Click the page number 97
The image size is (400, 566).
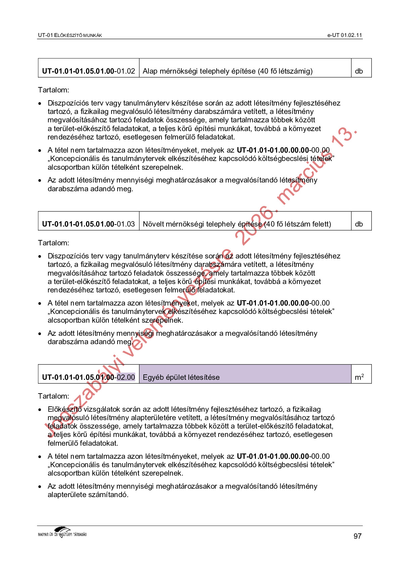coord(357,536)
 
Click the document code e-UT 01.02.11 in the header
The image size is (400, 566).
coord(345,35)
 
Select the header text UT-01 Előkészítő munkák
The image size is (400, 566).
coord(70,35)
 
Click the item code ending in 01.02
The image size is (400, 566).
coord(88,71)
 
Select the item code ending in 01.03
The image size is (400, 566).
coord(88,224)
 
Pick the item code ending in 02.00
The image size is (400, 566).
coord(88,377)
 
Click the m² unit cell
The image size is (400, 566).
coord(359,377)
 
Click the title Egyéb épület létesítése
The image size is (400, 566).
coord(181,377)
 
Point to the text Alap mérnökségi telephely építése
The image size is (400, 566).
coord(227,71)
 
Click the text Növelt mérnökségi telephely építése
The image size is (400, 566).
coord(237,224)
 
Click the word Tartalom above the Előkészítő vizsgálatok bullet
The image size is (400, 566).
coord(53,396)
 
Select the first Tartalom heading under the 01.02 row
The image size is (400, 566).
coord(53,90)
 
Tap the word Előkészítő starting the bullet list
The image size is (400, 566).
coord(64,409)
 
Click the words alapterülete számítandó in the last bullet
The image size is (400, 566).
coord(88,495)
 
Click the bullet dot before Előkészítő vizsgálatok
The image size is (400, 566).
coord(40,410)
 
